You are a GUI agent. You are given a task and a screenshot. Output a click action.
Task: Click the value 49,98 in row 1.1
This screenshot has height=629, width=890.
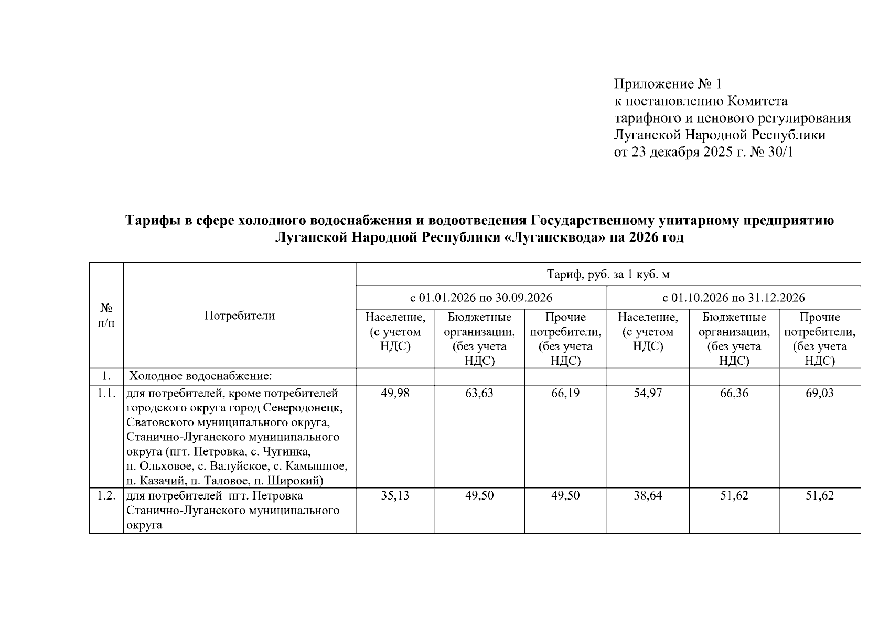pyautogui.click(x=395, y=393)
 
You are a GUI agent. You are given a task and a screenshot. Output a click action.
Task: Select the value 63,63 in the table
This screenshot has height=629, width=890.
pyautogui.click(x=479, y=393)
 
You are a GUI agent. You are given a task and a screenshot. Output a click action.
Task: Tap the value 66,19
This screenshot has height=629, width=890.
pyautogui.click(x=565, y=393)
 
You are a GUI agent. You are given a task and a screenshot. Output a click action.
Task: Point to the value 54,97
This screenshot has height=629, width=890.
pyautogui.click(x=648, y=393)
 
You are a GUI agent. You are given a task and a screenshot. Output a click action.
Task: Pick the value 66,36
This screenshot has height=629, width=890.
pyautogui.click(x=734, y=393)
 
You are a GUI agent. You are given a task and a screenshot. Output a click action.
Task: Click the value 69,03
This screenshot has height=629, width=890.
pyautogui.click(x=819, y=393)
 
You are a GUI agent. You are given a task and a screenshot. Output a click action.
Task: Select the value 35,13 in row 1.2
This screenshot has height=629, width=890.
pyautogui.click(x=395, y=495)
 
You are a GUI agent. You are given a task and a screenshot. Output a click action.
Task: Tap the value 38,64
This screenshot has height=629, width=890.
pyautogui.click(x=648, y=495)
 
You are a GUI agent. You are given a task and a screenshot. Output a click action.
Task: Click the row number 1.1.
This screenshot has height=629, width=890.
pyautogui.click(x=106, y=393)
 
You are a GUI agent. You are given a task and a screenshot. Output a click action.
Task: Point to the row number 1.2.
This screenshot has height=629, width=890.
pyautogui.click(x=106, y=495)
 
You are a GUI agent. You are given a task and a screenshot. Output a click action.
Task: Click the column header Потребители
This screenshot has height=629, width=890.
pyautogui.click(x=239, y=316)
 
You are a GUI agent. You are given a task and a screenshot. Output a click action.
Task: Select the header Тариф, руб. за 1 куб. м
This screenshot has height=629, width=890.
pyautogui.click(x=608, y=274)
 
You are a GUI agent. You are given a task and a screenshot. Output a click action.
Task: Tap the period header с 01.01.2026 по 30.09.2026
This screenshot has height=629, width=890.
pyautogui.click(x=481, y=298)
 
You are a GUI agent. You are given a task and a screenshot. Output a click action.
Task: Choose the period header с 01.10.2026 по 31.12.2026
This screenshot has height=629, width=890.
pyautogui.click(x=733, y=298)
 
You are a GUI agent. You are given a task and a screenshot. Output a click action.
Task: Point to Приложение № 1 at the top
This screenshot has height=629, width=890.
pyautogui.click(x=668, y=84)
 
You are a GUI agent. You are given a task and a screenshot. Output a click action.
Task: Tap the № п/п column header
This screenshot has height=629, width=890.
pyautogui.click(x=106, y=316)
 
